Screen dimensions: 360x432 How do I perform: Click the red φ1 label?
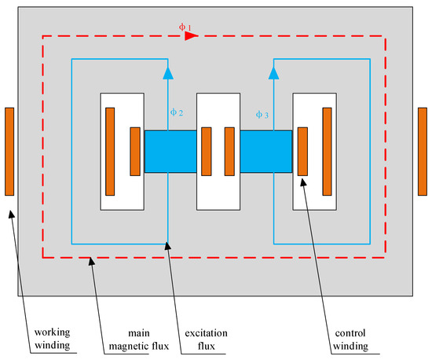pyautogui.click(x=185, y=28)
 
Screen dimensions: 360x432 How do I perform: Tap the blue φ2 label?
pyautogui.click(x=177, y=113)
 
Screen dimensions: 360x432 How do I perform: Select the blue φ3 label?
pyautogui.click(x=262, y=115)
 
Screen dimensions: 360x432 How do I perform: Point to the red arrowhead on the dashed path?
pyautogui.click(x=191, y=35)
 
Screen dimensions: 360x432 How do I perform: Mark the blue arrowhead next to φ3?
pyautogui.click(x=273, y=73)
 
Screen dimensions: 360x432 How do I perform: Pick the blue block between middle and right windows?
pyautogui.click(x=265, y=151)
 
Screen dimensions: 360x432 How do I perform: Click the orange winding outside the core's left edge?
pyautogui.click(x=9, y=151)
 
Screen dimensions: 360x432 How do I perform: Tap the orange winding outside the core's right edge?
pyautogui.click(x=423, y=151)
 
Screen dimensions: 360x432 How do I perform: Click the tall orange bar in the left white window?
pyautogui.click(x=111, y=151)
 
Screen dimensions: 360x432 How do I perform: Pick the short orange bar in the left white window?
pyautogui.click(x=135, y=151)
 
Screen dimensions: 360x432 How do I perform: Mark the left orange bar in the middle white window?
pyautogui.click(x=206, y=151)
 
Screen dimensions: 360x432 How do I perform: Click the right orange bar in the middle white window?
pyautogui.click(x=229, y=151)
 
